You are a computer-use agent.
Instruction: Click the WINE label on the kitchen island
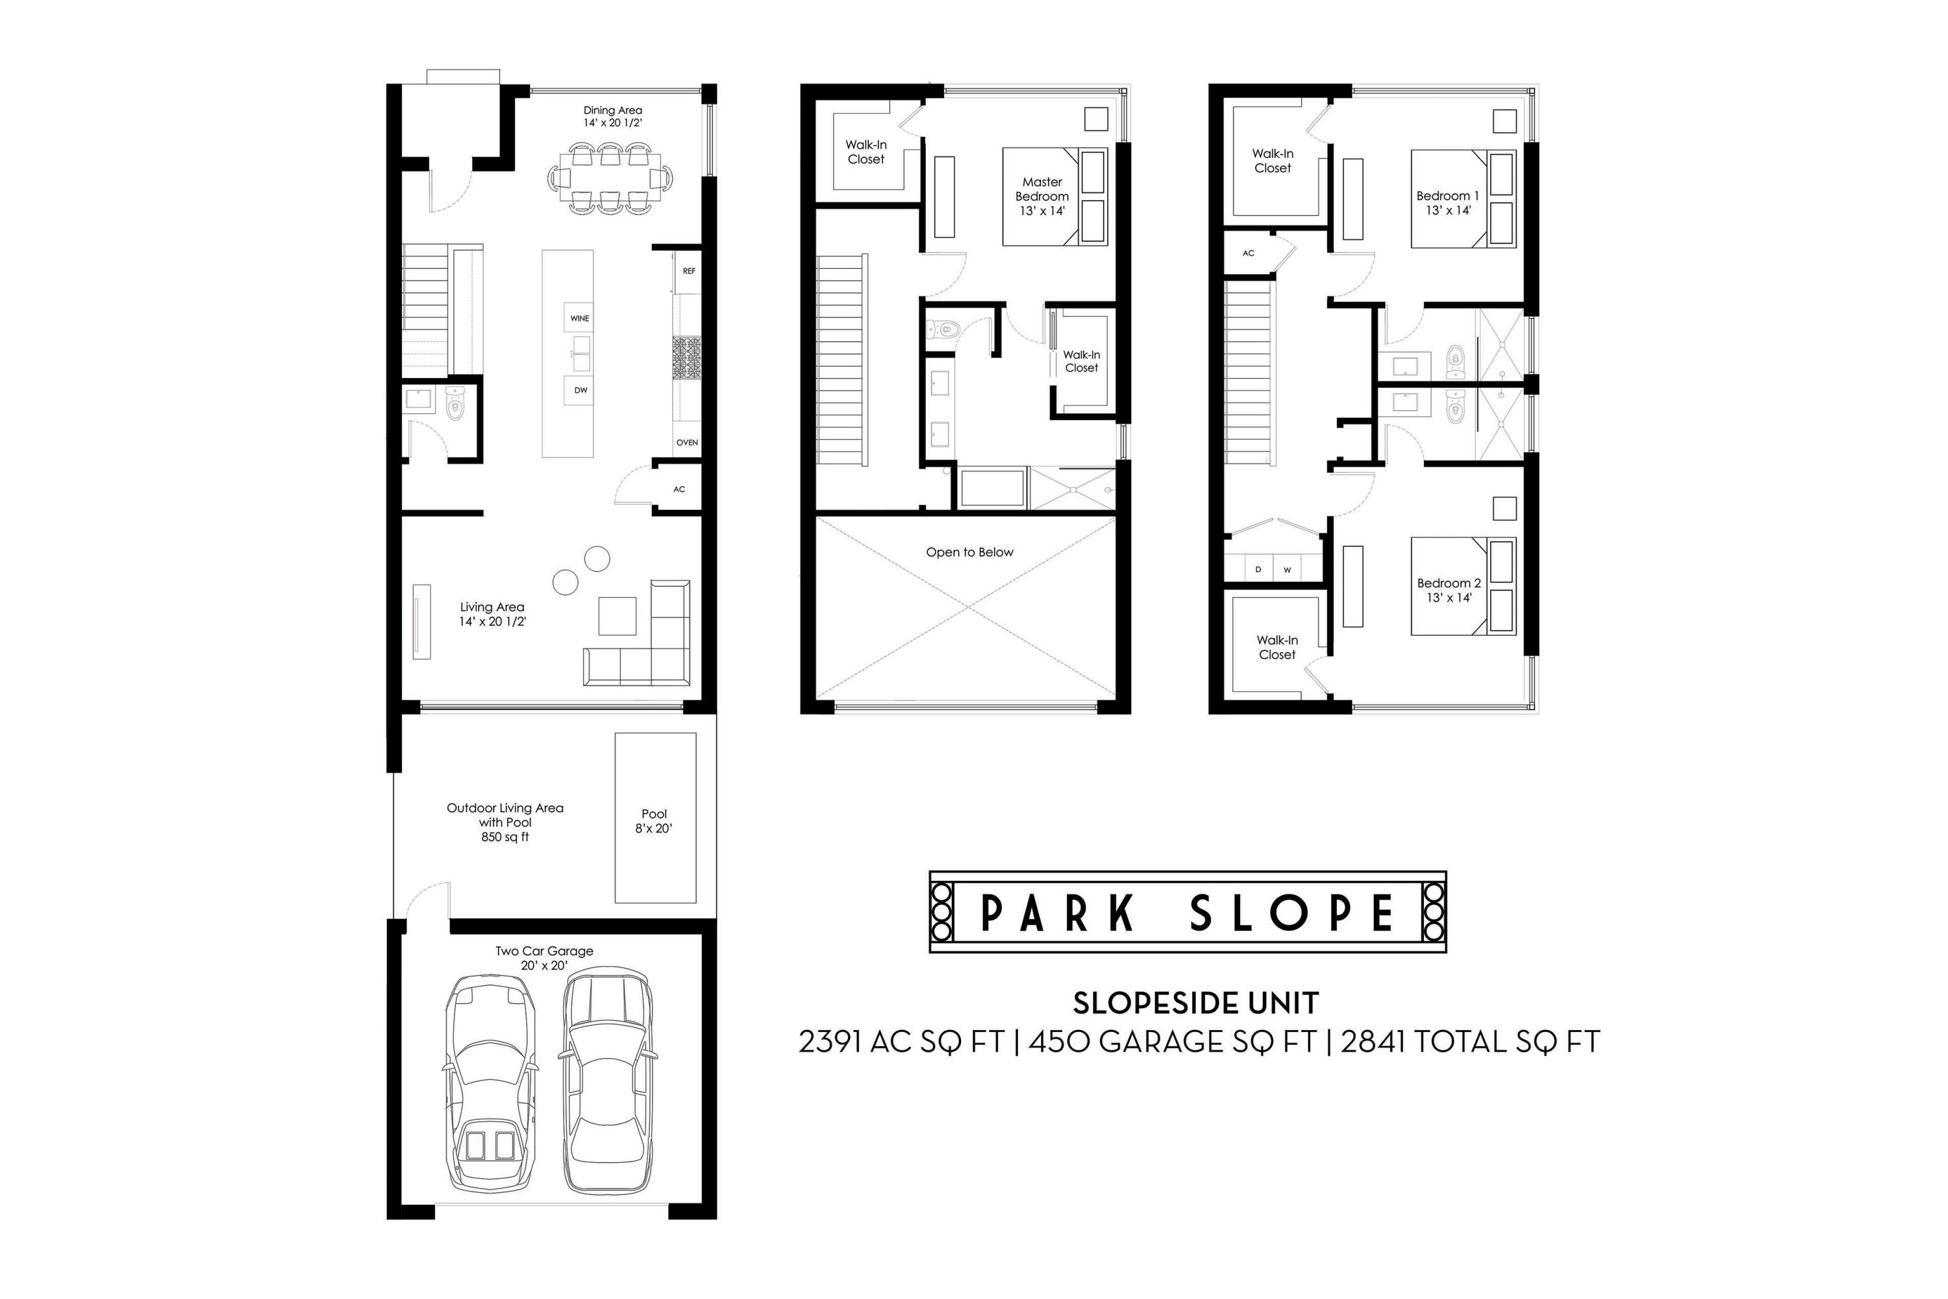580,318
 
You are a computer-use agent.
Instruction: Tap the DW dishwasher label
581,390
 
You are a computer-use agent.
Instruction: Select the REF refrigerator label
689,271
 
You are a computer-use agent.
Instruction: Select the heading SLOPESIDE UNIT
1196,1003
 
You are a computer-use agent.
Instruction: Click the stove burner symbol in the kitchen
686,357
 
